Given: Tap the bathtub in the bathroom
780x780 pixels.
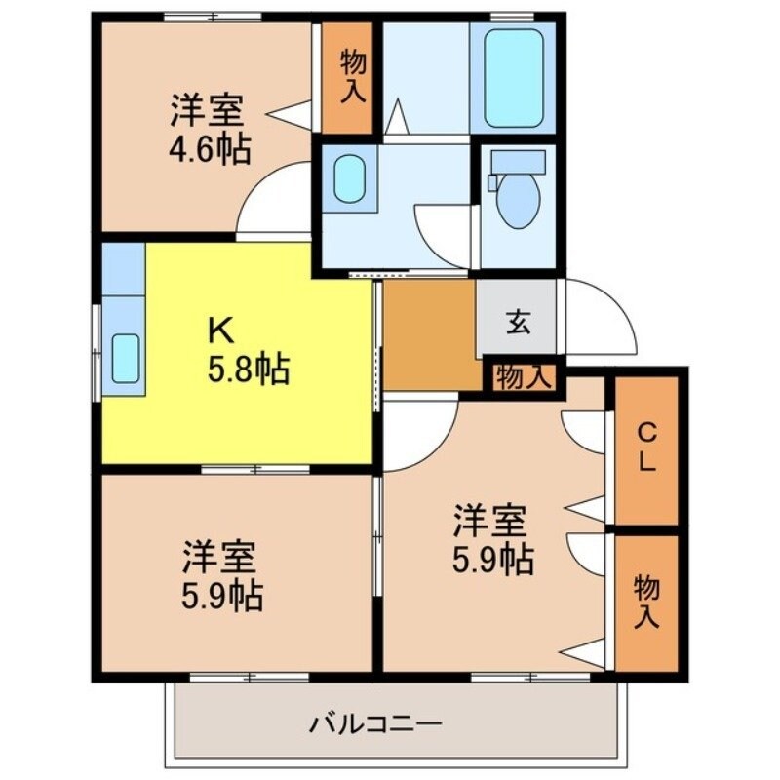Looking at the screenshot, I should pyautogui.click(x=513, y=77).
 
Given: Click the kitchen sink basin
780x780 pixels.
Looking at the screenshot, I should pyautogui.click(x=126, y=358).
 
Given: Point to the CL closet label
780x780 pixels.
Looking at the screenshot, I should pyautogui.click(x=645, y=449).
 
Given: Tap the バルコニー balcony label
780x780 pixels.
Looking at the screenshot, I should pyautogui.click(x=376, y=724).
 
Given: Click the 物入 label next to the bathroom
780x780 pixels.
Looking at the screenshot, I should pyautogui.click(x=351, y=78).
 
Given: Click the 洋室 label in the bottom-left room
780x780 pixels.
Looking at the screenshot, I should pyautogui.click(x=220, y=558).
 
